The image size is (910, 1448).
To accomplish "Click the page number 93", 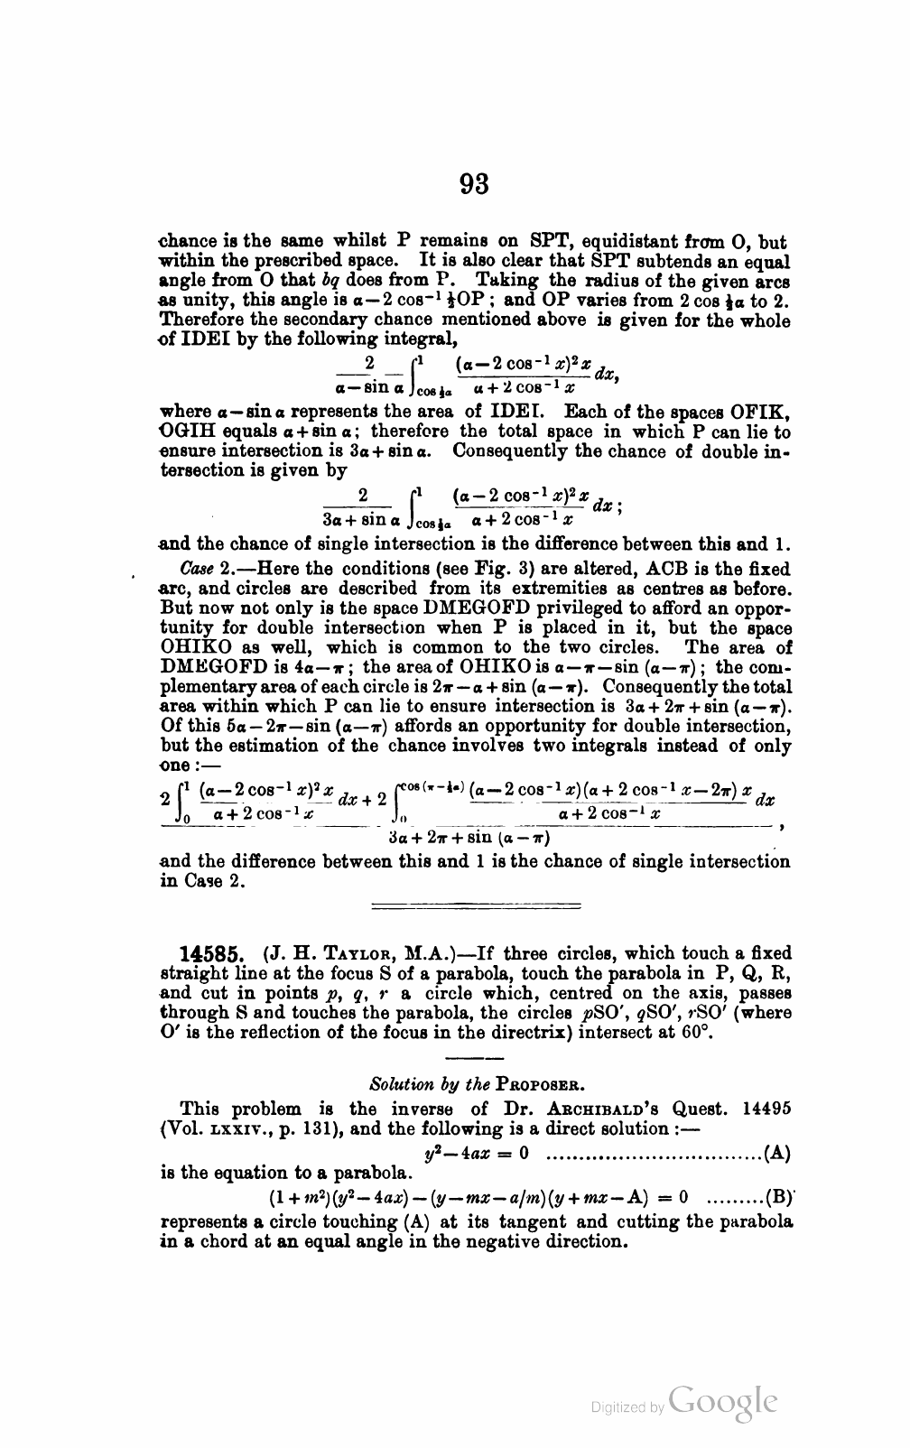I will coord(474,183).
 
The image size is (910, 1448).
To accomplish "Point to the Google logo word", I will coord(723,1401).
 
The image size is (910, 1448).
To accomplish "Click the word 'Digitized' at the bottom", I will coord(617,1406).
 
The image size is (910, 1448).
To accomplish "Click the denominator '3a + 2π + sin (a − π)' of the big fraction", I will coord(469,837).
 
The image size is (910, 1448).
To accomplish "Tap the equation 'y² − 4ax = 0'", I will coord(476,1152).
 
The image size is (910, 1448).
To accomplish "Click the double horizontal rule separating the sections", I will coord(476,904).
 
